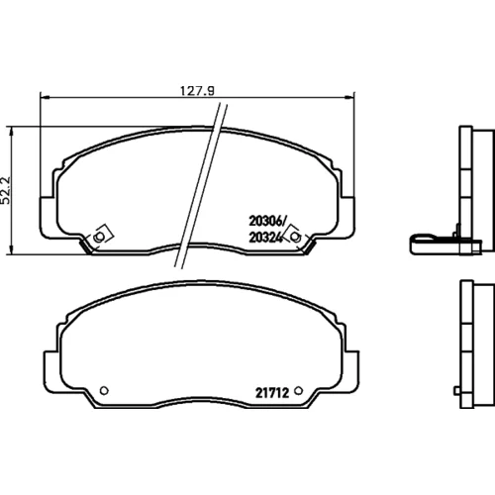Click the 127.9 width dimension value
[x=197, y=91]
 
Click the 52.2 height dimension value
[x=6, y=190]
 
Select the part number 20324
[x=266, y=238]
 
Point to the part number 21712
[x=272, y=393]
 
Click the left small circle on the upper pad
[x=98, y=237]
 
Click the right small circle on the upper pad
[x=296, y=237]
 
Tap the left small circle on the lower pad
[x=104, y=391]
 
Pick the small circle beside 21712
[x=298, y=391]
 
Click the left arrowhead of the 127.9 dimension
[x=45, y=97]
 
